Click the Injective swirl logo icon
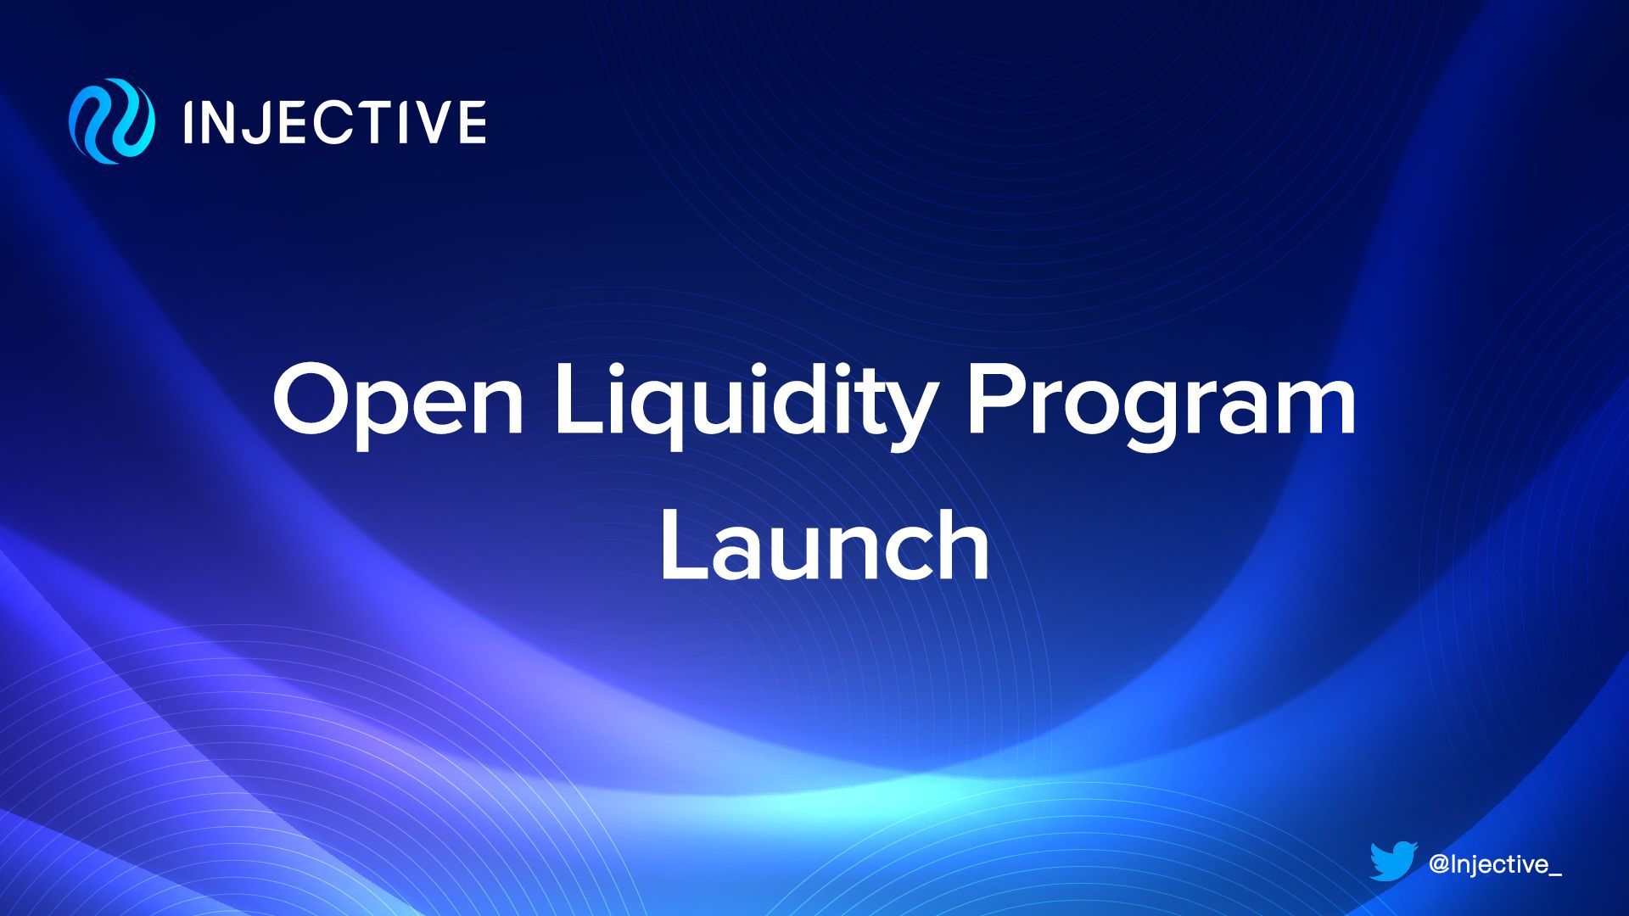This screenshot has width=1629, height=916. click(112, 120)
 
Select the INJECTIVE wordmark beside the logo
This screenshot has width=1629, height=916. click(334, 121)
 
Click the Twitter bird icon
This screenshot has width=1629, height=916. click(1393, 862)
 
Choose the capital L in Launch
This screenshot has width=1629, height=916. click(686, 545)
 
